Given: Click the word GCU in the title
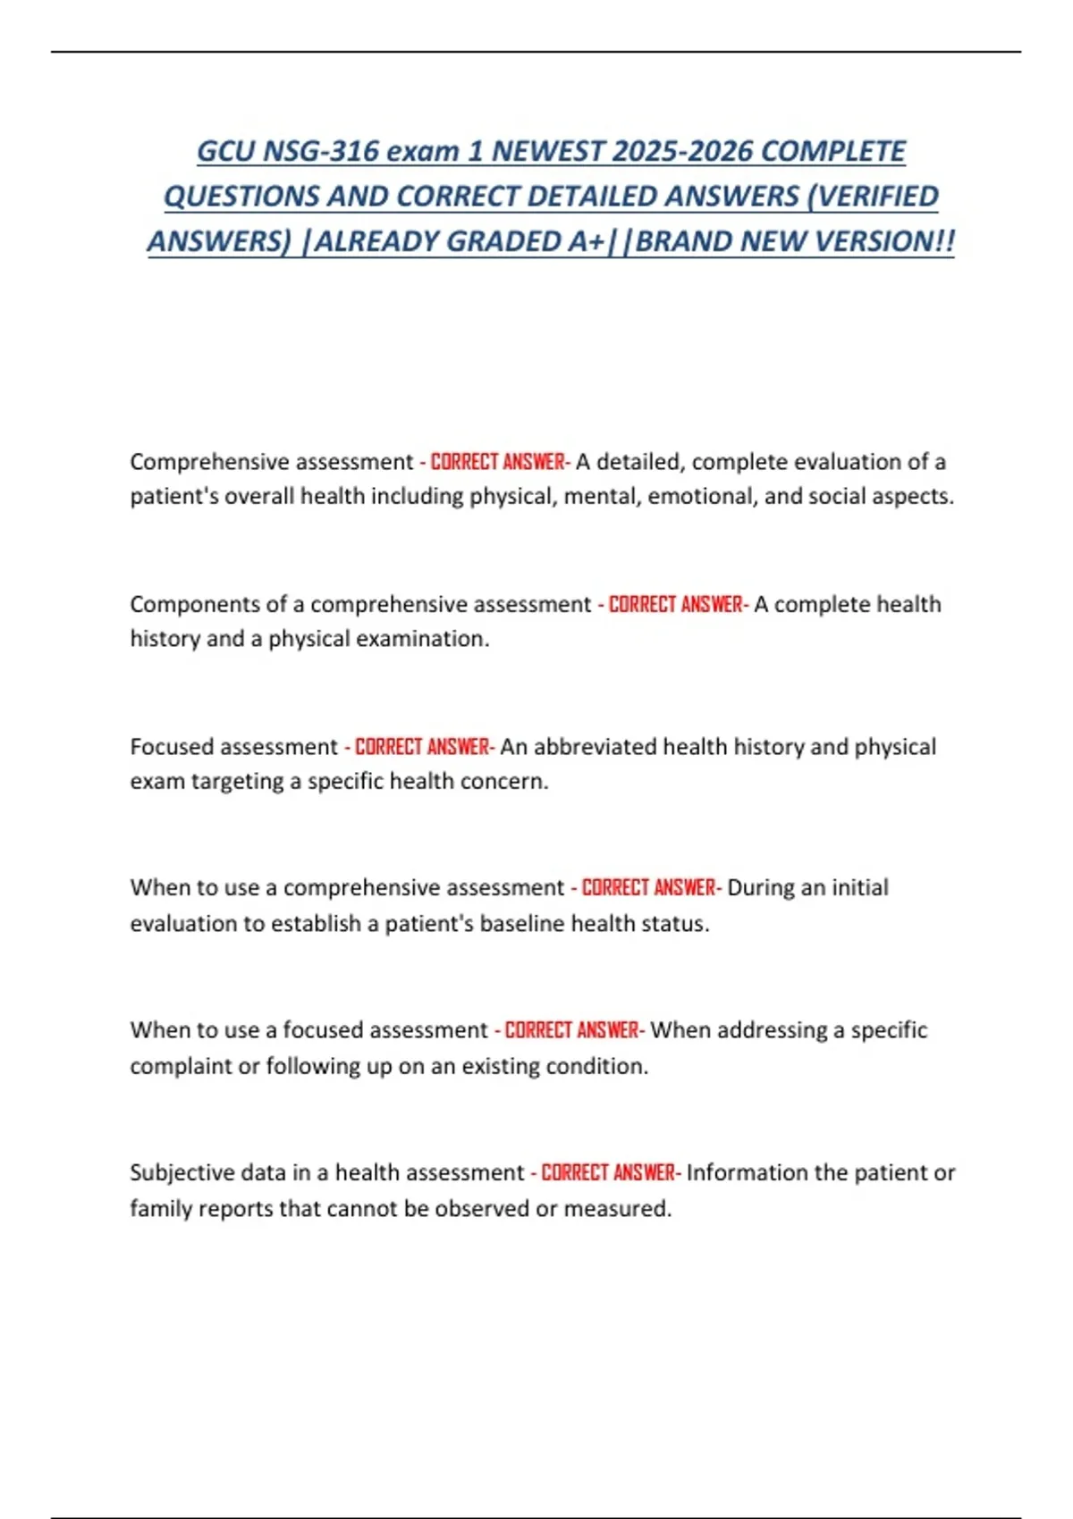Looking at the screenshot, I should pyautogui.click(x=226, y=151).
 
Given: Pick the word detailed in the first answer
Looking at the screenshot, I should pyautogui.click(x=638, y=462).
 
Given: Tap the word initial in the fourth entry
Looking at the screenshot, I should pyautogui.click(x=860, y=888).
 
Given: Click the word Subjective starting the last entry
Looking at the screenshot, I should pyautogui.click(x=182, y=1172).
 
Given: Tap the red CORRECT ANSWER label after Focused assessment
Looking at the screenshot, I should pyautogui.click(x=422, y=747).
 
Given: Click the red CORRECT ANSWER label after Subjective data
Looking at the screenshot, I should pyautogui.click(x=609, y=1172).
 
